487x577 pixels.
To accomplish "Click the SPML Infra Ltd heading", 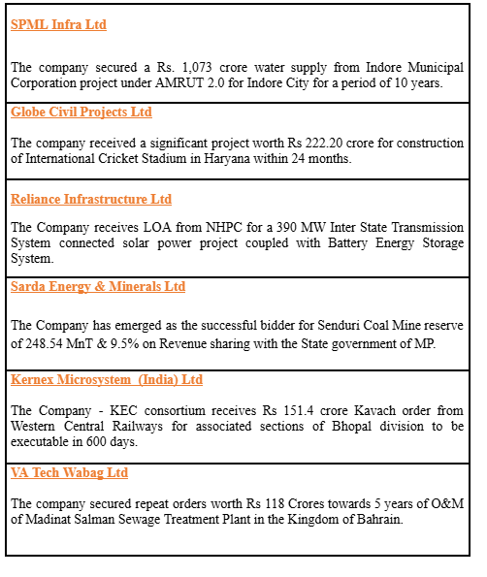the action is coord(58,24).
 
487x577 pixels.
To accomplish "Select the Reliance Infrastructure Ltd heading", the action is coord(91,199).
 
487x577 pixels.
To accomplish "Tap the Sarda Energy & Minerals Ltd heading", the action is coord(98,287).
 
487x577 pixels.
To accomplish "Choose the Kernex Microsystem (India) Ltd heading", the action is coord(107,379).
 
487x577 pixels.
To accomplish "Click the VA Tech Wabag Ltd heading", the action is coord(69,472).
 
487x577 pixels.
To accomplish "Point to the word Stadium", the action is coord(167,158).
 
